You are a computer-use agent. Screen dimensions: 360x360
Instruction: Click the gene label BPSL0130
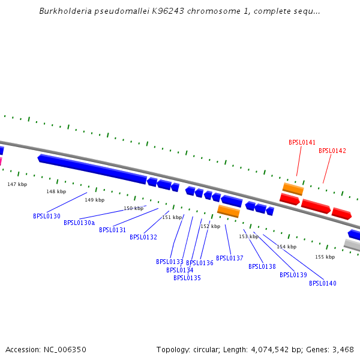(47, 216)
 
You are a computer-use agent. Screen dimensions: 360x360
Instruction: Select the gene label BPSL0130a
(79, 223)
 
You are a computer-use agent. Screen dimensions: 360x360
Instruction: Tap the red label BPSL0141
(302, 142)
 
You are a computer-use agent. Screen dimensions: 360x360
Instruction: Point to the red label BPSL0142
(332, 151)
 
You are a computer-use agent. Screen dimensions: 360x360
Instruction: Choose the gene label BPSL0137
(230, 258)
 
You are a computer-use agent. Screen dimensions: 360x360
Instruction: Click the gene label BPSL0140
(323, 283)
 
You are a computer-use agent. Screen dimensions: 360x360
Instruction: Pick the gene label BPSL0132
(143, 237)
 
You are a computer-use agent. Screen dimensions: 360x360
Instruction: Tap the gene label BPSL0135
(187, 278)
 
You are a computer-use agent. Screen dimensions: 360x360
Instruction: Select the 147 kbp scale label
(17, 184)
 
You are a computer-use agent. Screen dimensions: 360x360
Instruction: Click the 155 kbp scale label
(325, 257)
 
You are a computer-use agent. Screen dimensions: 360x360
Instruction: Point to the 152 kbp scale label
(210, 226)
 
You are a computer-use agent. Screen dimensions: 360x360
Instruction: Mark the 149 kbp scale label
(94, 200)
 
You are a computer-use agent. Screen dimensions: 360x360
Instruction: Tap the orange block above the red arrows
(293, 189)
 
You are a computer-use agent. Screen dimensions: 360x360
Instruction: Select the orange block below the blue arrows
(228, 211)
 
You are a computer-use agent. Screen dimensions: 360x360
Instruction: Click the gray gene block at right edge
(353, 245)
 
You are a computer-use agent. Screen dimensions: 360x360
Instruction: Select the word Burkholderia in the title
(66, 11)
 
